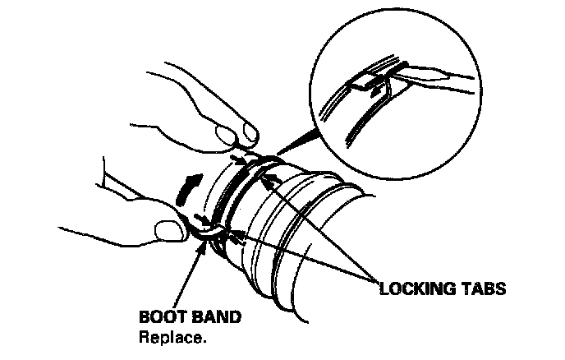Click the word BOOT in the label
point(160,316)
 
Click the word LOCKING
point(416,289)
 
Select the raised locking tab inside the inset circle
point(366,82)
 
